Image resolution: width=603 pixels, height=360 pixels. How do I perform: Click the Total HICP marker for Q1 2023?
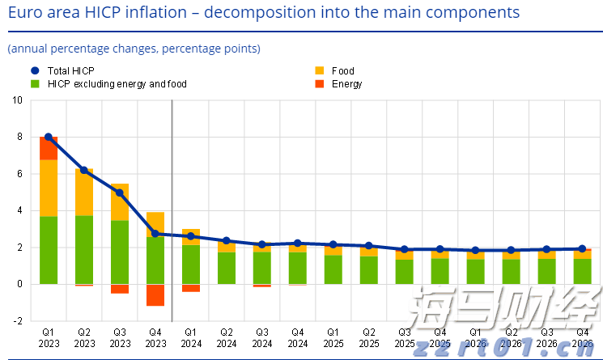coord(49,138)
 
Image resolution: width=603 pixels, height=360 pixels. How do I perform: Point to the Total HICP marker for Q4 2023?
coord(155,234)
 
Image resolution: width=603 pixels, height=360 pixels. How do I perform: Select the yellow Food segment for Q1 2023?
coord(49,188)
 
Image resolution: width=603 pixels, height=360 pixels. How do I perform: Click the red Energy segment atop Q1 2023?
coord(49,148)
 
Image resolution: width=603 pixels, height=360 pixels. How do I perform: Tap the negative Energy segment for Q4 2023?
coord(155,294)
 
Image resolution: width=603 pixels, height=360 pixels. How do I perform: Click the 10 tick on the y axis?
coord(18,100)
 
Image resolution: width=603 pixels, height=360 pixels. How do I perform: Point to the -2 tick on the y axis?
coord(18,321)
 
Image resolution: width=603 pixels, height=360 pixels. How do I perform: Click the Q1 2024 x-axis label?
coord(191,337)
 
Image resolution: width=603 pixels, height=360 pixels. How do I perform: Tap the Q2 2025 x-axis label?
coord(369,337)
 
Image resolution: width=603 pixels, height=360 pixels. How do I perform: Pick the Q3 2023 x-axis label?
coord(120,337)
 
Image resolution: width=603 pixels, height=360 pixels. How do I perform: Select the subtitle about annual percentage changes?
coord(134,49)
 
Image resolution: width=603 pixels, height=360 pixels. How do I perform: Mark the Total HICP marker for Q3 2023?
coord(120,193)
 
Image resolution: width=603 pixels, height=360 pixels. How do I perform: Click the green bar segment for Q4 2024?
coord(298,268)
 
